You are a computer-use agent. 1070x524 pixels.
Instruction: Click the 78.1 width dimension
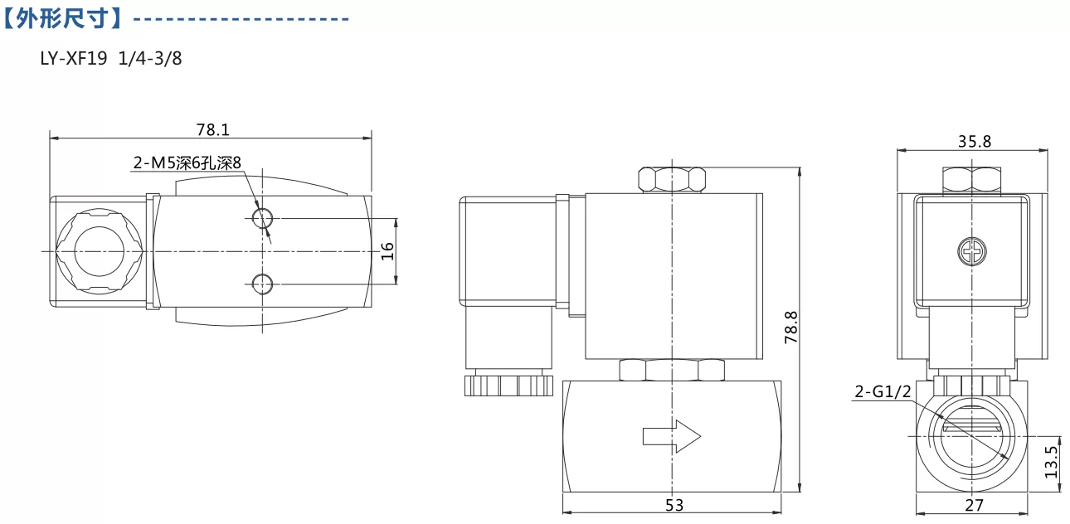(213, 130)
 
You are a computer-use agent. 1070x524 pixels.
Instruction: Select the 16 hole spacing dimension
(387, 251)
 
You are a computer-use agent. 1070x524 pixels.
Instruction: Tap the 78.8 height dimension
(791, 327)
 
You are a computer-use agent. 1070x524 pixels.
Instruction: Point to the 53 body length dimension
(674, 505)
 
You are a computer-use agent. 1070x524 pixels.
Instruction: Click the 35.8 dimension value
(975, 142)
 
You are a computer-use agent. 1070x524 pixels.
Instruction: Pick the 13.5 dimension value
(1051, 462)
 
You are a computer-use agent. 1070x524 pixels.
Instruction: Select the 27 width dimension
(974, 505)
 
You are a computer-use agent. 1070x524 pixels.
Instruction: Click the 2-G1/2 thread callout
(883, 391)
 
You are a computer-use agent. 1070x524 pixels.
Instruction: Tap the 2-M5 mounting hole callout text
(187, 163)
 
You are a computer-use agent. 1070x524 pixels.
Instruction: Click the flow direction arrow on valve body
(672, 436)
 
